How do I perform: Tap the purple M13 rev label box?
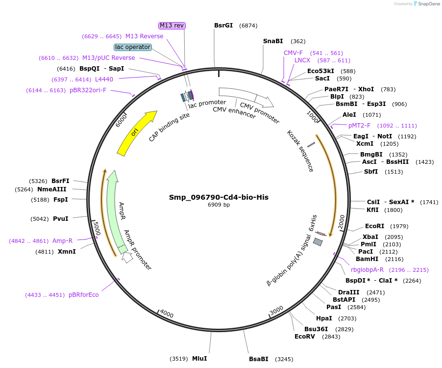click(x=172, y=26)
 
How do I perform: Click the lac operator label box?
click(x=133, y=47)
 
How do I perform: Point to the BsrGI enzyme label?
click(x=223, y=26)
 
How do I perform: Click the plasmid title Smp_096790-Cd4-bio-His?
click(x=219, y=197)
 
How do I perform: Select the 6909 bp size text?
click(x=219, y=205)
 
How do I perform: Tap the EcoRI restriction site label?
click(x=374, y=226)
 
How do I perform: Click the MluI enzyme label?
click(x=199, y=359)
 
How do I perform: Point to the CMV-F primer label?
click(x=293, y=53)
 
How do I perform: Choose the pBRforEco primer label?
click(x=84, y=295)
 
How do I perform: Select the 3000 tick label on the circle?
click(x=276, y=311)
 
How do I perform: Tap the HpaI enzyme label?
click(x=324, y=318)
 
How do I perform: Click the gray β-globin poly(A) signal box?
click(x=318, y=242)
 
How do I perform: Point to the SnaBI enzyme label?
click(x=273, y=41)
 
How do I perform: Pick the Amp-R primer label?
click(x=62, y=241)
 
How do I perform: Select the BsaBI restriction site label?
click(x=258, y=359)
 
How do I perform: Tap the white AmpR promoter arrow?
click(x=127, y=257)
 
